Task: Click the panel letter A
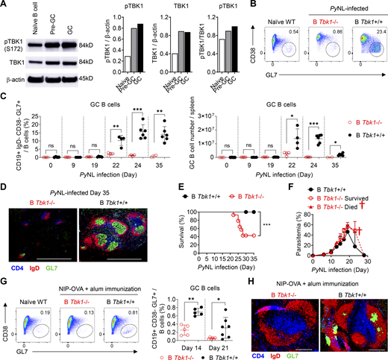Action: [4, 5]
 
